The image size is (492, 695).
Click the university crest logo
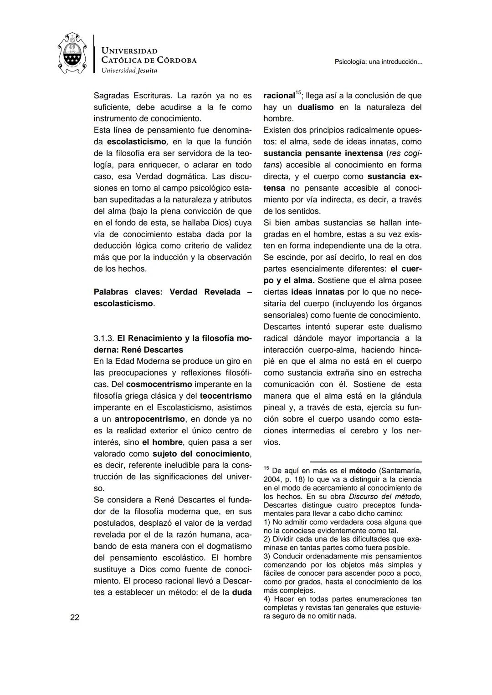click(x=73, y=53)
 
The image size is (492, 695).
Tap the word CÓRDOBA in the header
click(x=176, y=60)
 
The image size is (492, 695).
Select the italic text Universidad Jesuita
click(x=129, y=70)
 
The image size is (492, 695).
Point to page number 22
click(x=75, y=617)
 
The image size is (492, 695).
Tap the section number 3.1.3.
click(x=104, y=338)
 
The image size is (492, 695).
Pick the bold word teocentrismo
click(x=225, y=396)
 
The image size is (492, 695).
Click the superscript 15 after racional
click(x=298, y=93)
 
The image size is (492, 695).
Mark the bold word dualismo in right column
click(x=315, y=107)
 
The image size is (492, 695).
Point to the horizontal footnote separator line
click(x=366, y=462)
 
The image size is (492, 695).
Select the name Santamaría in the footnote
click(x=401, y=471)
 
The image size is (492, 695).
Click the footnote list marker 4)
click(x=268, y=599)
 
